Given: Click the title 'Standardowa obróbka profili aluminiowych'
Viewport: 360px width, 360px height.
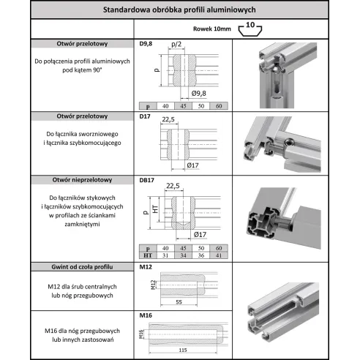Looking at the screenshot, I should (180, 10).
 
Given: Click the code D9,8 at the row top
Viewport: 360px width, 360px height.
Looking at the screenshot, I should (146, 43).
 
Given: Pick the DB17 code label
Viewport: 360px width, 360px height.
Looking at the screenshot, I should (148, 180).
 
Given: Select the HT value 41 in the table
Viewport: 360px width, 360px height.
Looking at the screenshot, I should (220, 255).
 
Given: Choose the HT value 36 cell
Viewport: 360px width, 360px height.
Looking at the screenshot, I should (200, 255).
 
